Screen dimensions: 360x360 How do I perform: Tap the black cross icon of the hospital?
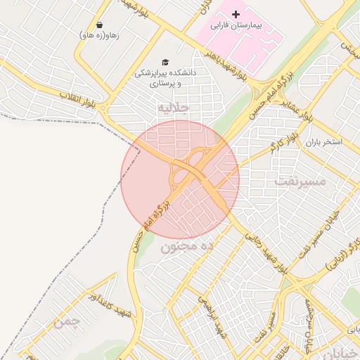(236, 13)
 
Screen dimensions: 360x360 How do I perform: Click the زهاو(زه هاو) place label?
(99, 35)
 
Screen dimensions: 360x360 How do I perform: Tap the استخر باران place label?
(323, 142)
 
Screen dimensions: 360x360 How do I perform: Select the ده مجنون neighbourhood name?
(186, 247)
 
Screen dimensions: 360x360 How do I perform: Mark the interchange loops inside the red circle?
(186, 169)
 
